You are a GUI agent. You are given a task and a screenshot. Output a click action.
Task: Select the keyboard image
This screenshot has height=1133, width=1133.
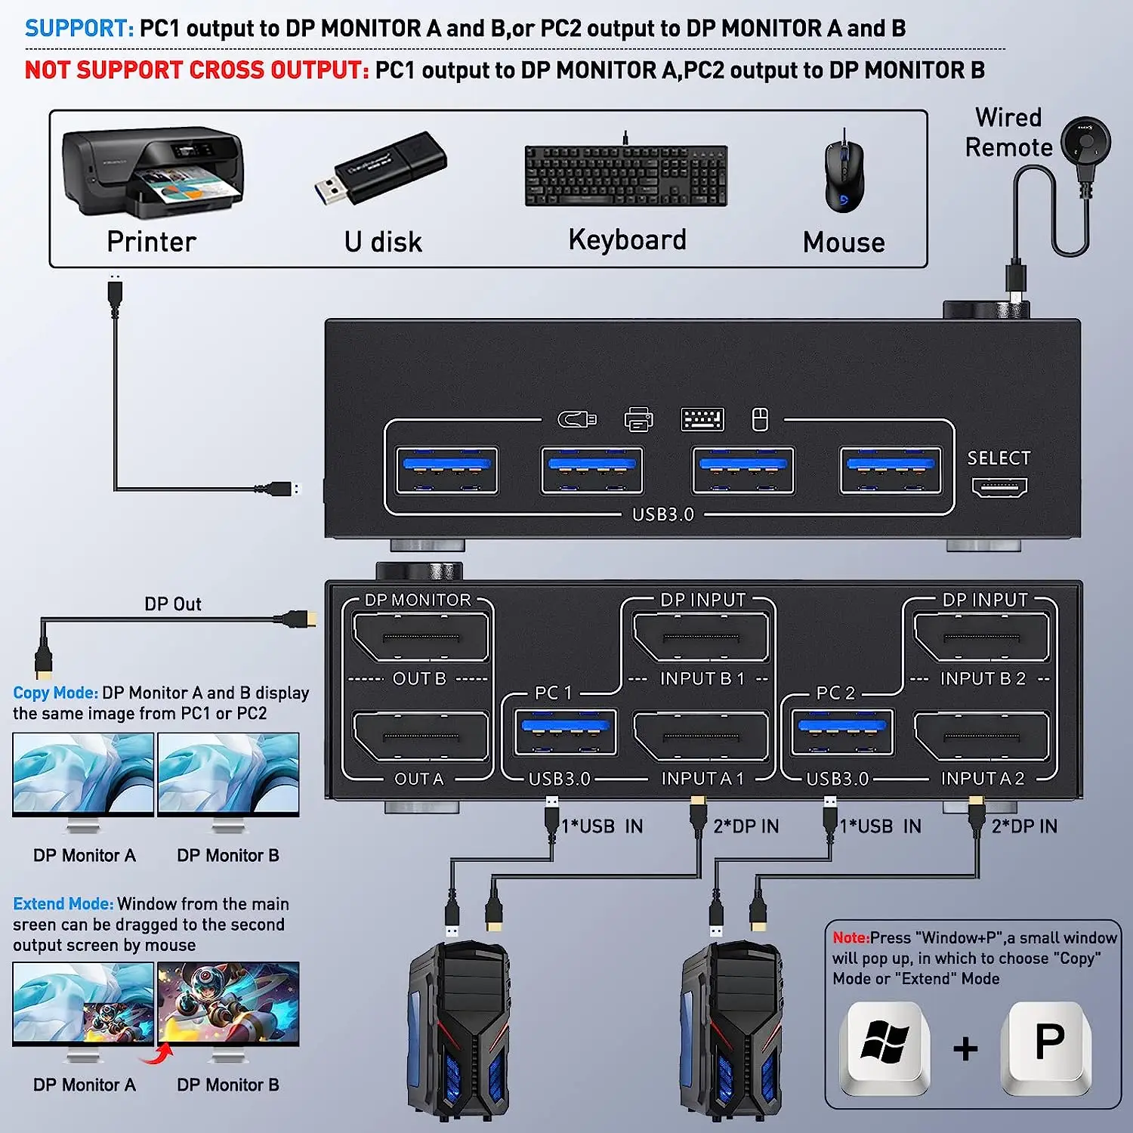pyautogui.click(x=626, y=175)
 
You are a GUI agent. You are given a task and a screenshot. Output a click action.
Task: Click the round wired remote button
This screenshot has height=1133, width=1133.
pyautogui.click(x=1086, y=142)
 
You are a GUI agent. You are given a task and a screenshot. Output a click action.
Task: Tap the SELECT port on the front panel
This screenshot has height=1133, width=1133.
pyautogui.click(x=999, y=488)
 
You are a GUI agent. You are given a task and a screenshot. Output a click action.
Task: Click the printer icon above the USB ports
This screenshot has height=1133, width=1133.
pyautogui.click(x=638, y=419)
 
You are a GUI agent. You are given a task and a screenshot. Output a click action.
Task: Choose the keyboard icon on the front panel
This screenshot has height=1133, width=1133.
pyautogui.click(x=702, y=419)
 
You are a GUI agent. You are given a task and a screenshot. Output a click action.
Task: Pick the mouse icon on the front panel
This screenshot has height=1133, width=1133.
pyautogui.click(x=760, y=419)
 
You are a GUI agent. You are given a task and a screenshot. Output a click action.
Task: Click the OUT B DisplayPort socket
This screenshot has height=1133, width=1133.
pyautogui.click(x=420, y=638)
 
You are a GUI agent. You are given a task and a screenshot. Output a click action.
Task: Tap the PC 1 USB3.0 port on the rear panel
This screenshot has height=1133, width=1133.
pyautogui.click(x=565, y=732)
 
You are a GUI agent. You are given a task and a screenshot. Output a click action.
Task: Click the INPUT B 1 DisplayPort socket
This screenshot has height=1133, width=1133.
pyautogui.click(x=701, y=638)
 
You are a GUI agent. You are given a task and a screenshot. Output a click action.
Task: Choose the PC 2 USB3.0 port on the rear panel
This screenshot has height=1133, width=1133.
pyautogui.click(x=842, y=732)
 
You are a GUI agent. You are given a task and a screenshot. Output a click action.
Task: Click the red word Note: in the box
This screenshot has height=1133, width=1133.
pyautogui.click(x=851, y=938)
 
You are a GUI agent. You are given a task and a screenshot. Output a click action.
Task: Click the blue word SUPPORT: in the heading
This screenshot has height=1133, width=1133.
pyautogui.click(x=79, y=29)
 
